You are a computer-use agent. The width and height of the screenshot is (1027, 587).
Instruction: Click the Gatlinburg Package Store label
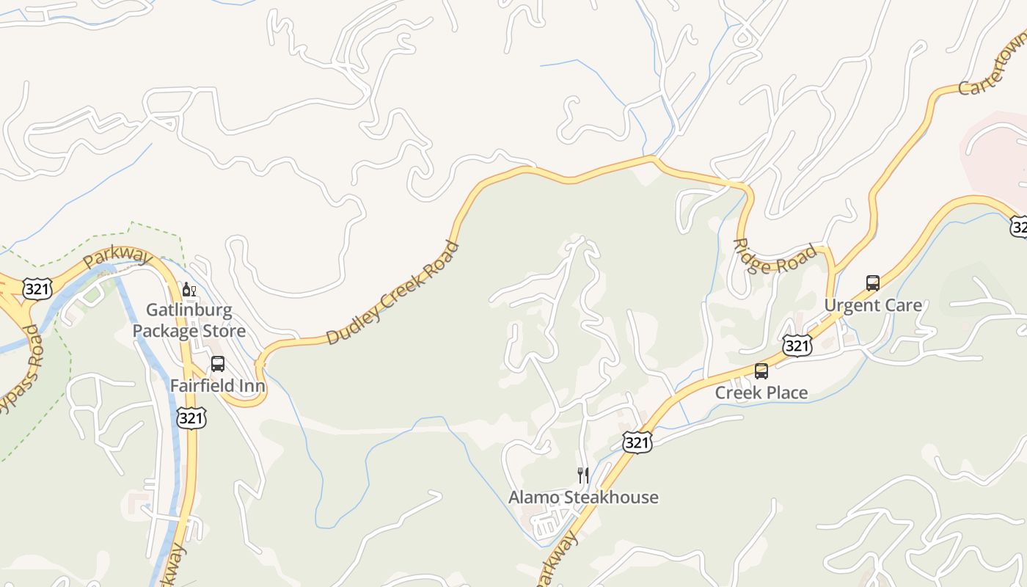189,320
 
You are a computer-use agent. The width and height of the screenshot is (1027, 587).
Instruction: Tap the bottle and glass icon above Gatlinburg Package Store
189,290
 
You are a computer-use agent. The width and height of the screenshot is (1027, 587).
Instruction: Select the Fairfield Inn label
217,385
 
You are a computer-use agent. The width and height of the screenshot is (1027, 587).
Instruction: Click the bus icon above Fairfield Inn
218,363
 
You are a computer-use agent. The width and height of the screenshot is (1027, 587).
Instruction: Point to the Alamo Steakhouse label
583,497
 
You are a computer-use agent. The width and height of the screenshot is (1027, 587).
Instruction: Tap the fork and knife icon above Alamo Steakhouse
583,475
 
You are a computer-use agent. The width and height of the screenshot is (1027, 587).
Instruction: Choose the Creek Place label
761,393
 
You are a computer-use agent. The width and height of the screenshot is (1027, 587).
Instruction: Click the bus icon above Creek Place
761,371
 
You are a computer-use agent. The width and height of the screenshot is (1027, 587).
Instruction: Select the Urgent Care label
873,305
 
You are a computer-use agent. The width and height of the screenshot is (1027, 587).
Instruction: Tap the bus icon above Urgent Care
873,283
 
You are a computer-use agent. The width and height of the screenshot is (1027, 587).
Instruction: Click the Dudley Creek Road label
392,293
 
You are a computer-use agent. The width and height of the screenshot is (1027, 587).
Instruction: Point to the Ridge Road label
775,256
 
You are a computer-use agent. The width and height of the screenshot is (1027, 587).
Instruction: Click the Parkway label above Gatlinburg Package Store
117,258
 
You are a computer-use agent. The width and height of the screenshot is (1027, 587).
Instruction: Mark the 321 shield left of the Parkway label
37,288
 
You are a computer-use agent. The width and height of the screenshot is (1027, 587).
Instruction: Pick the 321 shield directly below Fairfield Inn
191,418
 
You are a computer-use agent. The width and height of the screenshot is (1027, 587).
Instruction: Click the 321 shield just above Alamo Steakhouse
637,442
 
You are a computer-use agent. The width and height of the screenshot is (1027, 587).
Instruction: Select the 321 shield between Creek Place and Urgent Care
797,345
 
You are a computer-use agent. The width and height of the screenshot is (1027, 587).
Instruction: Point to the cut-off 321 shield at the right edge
1019,227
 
